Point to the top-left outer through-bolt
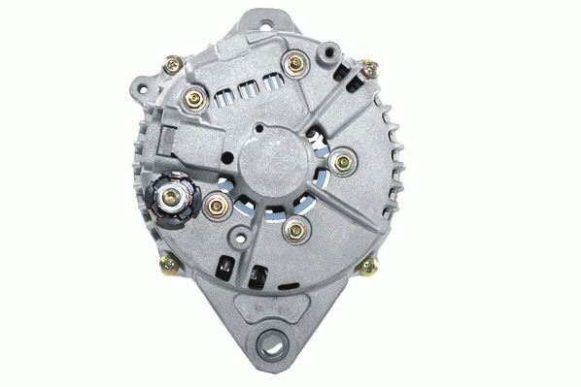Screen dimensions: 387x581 174,65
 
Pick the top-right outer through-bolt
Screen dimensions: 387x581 369,68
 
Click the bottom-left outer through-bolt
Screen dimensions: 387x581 168,262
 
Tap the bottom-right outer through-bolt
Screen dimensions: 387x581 369,266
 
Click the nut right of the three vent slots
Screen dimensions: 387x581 295,65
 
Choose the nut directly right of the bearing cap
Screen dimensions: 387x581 342,161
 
